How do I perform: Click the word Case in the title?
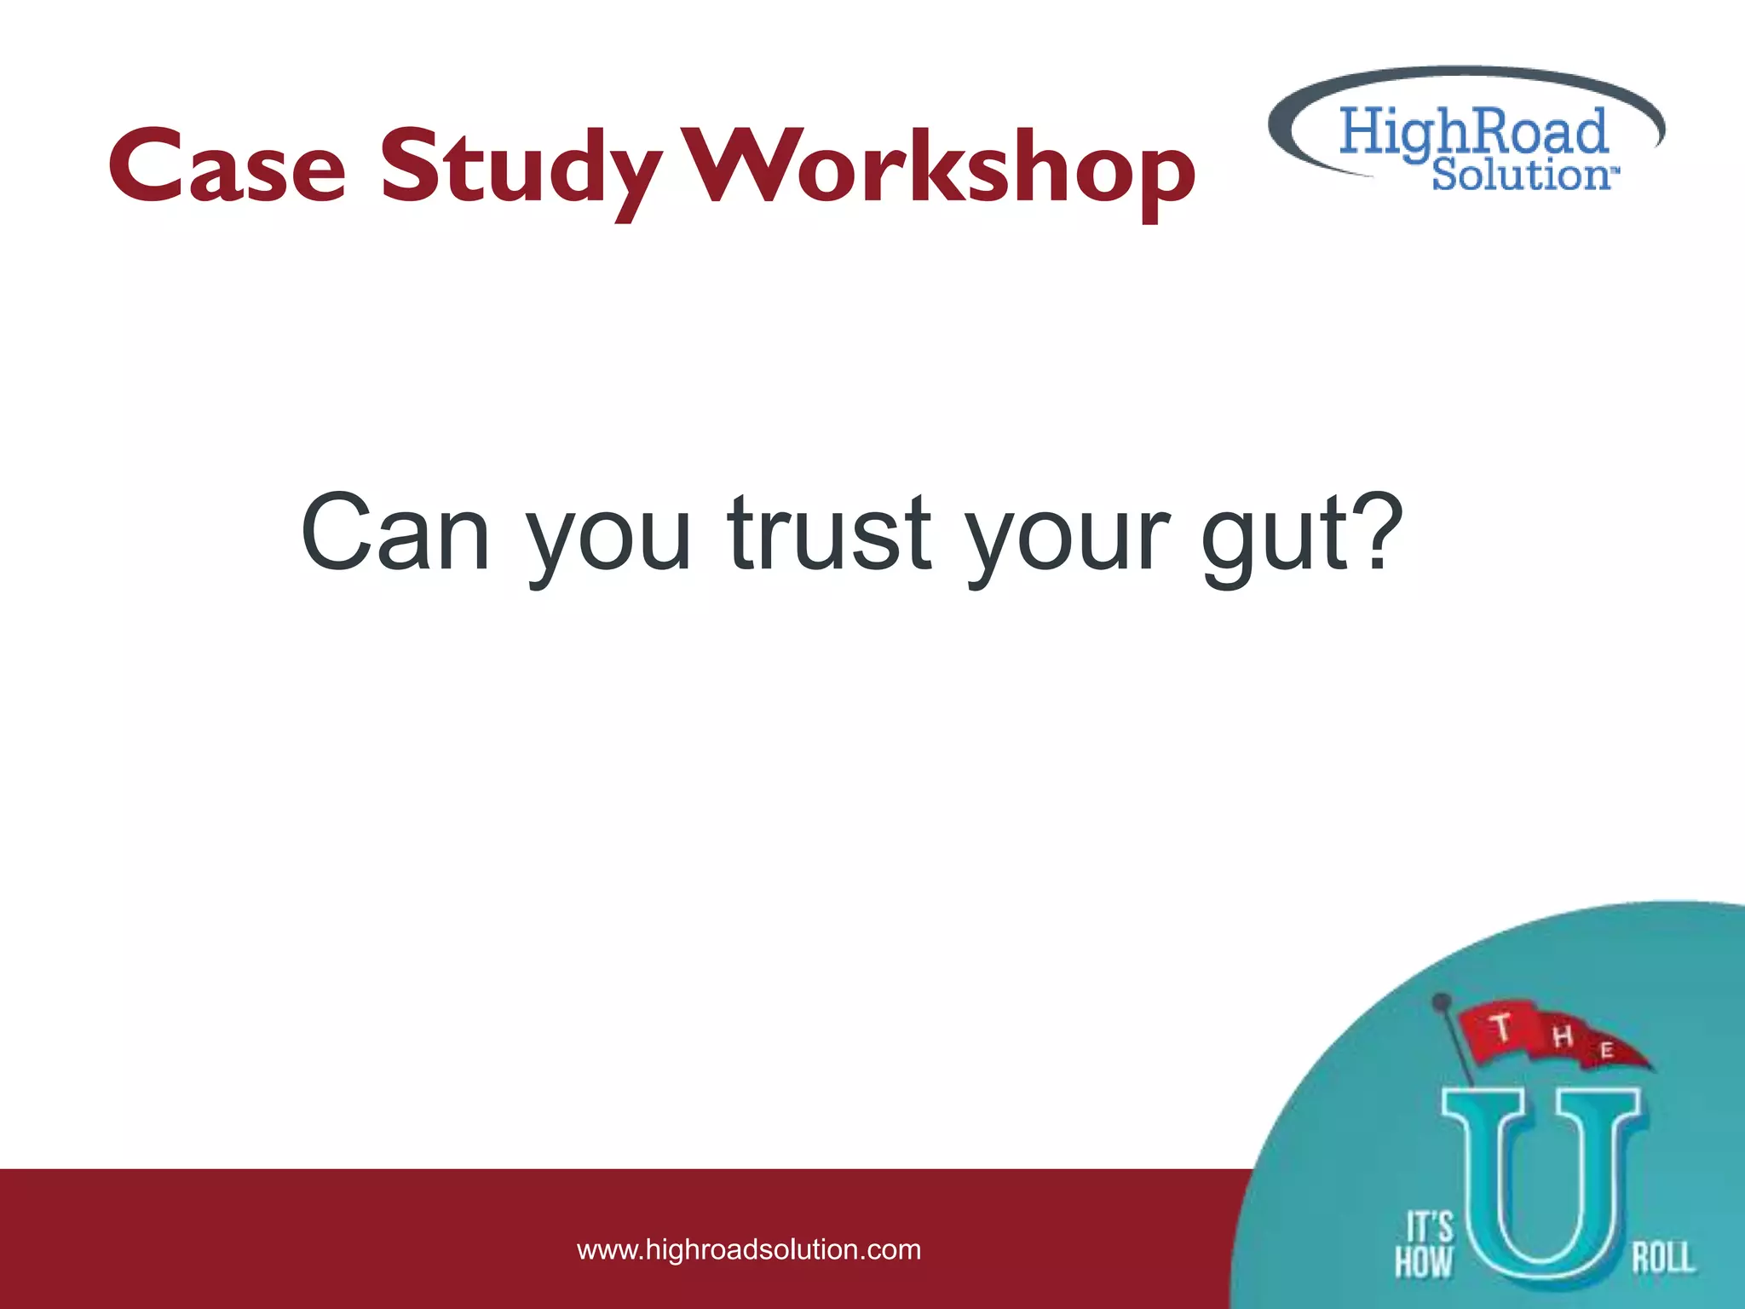227,166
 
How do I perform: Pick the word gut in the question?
1270,537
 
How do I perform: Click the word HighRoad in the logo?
1472,132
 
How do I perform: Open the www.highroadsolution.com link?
749,1250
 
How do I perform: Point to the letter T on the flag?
1501,1027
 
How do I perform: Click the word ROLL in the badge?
1662,1258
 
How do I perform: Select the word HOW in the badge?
1423,1262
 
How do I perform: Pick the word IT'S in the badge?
1429,1227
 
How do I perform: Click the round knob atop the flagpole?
1441,1000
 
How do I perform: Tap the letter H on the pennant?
1563,1036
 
